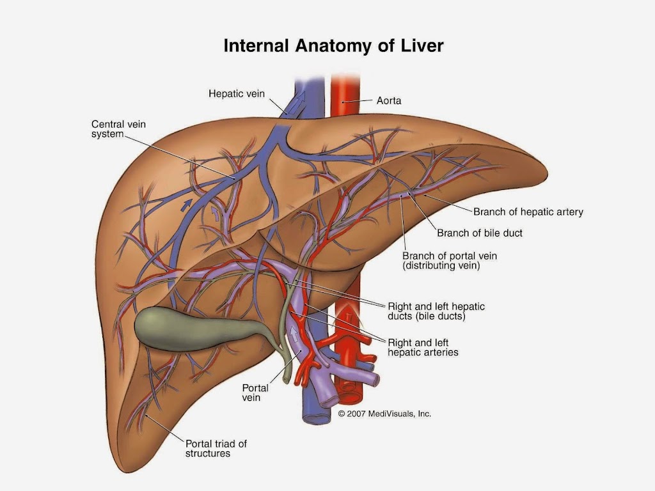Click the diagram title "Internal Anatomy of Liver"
coord(333,46)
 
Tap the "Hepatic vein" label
coord(236,93)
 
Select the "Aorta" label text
coord(388,100)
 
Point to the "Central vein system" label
coord(118,129)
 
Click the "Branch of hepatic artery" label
coord(528,212)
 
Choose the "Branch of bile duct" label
coord(479,233)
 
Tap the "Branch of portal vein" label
coord(449,256)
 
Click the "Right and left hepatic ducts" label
coord(436,311)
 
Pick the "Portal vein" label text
coord(255,393)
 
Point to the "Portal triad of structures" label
coord(216,448)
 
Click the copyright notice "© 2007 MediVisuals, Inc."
coord(384,414)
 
